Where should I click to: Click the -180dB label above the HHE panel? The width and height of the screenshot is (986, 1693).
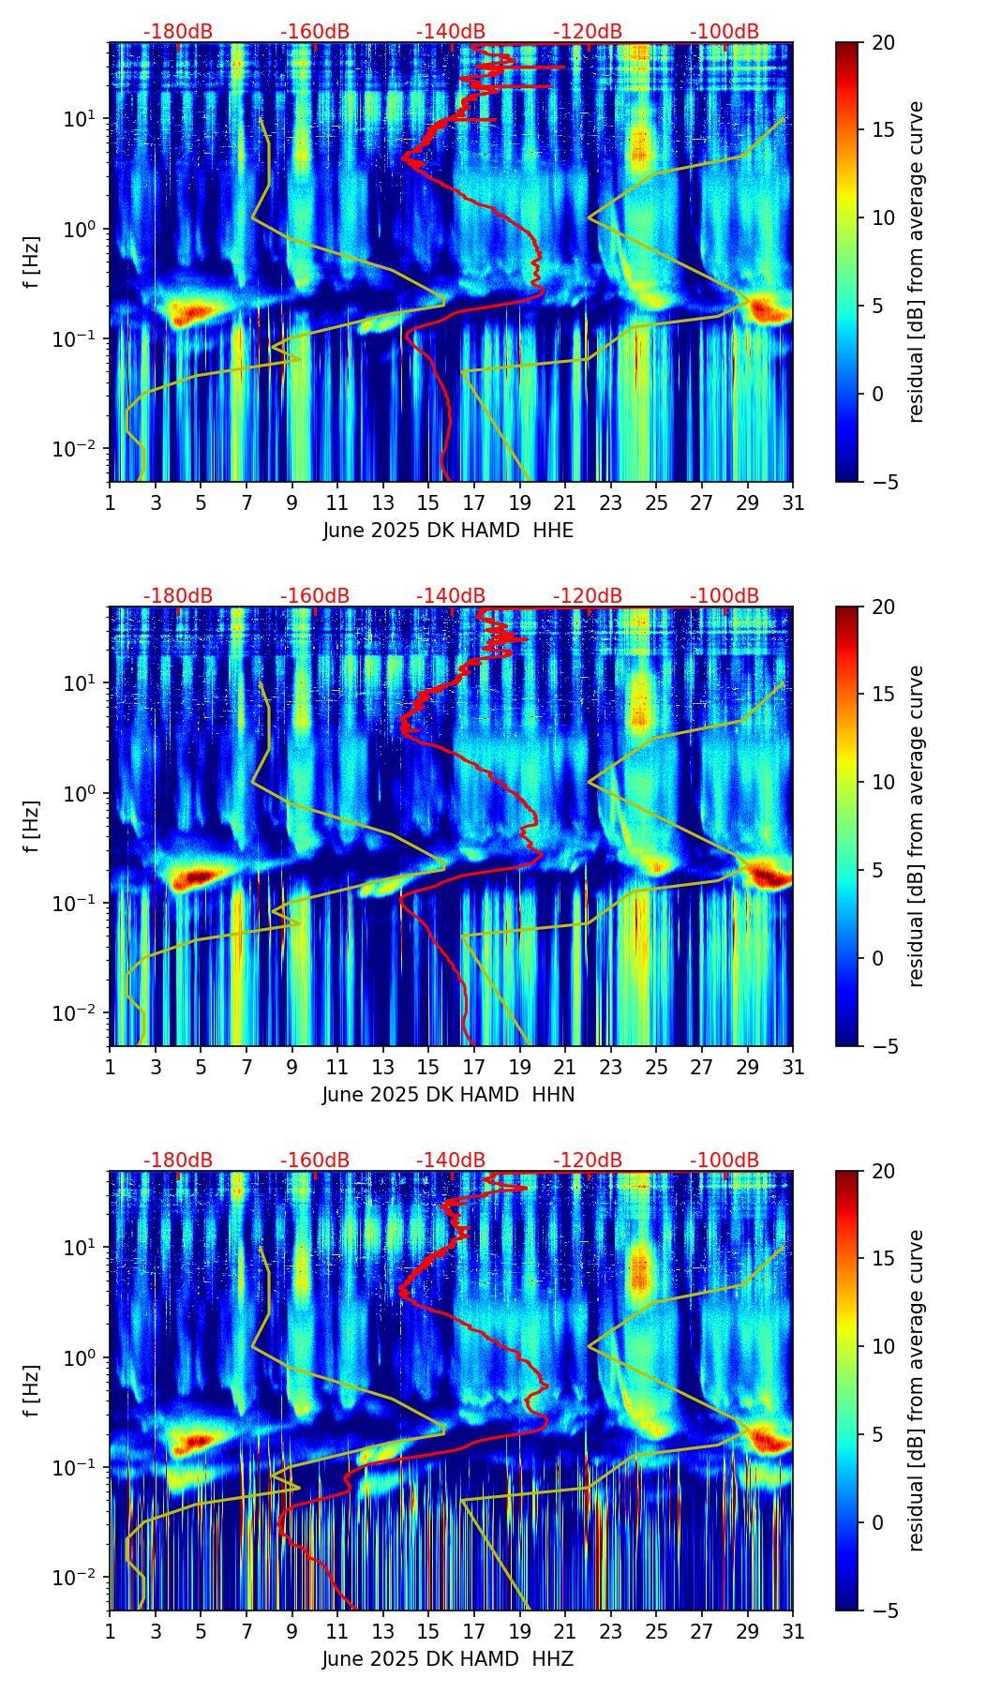coord(178,32)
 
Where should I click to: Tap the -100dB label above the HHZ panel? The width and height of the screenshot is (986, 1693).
coord(725,1161)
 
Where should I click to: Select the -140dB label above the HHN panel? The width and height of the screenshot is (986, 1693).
coord(451,596)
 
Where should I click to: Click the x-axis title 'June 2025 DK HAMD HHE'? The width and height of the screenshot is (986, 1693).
coord(448,531)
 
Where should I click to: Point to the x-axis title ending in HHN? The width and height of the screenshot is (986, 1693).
coord(448,1095)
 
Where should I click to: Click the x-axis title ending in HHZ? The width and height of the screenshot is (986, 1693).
coord(448,1659)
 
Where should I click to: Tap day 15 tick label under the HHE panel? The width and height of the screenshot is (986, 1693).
coord(428,503)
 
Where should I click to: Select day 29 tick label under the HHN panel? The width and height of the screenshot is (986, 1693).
coord(748,1068)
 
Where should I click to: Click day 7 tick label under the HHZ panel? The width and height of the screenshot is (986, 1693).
coord(246,1632)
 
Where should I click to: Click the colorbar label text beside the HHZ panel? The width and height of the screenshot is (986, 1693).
coord(916,1390)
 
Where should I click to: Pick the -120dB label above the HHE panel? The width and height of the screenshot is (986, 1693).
coord(588,32)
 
